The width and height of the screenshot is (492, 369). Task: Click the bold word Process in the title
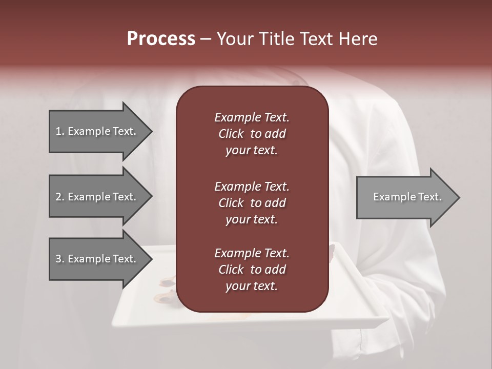(161, 39)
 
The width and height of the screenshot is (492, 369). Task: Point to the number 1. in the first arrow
(60, 131)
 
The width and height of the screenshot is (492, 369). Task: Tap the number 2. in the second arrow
(60, 197)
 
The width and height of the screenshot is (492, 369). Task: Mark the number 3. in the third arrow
(60, 259)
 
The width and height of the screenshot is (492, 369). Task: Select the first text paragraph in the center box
(252, 134)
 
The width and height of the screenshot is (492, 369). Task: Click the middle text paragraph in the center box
(252, 202)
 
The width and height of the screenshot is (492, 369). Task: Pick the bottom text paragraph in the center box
(252, 270)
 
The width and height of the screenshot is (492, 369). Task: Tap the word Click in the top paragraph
(231, 134)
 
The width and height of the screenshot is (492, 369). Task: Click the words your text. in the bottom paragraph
(252, 286)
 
